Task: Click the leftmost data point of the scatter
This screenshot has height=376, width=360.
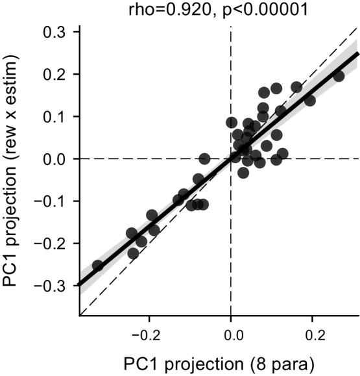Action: [x=98, y=265]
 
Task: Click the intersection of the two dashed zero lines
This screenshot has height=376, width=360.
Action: [x=231, y=158]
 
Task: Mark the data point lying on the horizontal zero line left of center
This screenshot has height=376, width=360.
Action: [x=204, y=158]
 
